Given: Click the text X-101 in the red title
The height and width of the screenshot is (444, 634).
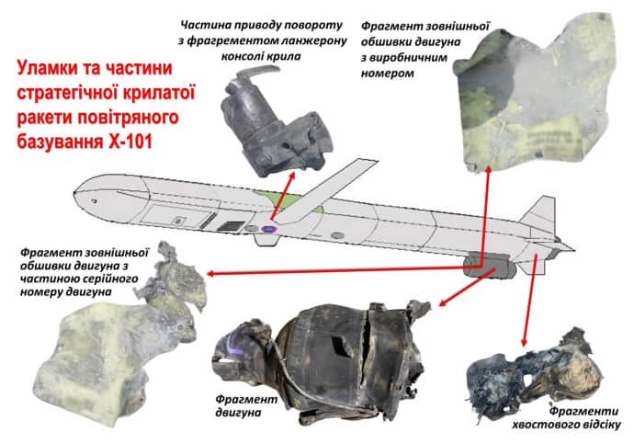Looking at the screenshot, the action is click(x=130, y=142).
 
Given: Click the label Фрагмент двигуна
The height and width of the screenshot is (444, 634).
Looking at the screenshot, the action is click(x=246, y=406).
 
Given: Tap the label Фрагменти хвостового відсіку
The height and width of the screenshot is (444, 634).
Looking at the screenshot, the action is click(x=566, y=417).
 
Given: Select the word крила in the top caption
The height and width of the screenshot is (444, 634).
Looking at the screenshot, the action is click(x=286, y=56).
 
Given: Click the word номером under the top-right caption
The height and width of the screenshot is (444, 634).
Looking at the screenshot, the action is click(x=387, y=74).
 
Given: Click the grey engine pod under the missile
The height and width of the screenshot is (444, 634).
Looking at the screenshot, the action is click(x=489, y=266).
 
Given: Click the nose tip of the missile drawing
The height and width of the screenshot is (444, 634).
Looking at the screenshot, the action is click(x=75, y=192).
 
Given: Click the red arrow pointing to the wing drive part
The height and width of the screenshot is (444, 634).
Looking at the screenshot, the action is click(x=282, y=195).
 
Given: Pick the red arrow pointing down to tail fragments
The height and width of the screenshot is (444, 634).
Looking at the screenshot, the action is click(x=529, y=300).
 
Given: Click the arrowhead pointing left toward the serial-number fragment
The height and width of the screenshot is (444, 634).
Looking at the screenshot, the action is click(x=211, y=274).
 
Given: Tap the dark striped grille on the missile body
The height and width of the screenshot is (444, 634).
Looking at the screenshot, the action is click(x=231, y=226).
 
